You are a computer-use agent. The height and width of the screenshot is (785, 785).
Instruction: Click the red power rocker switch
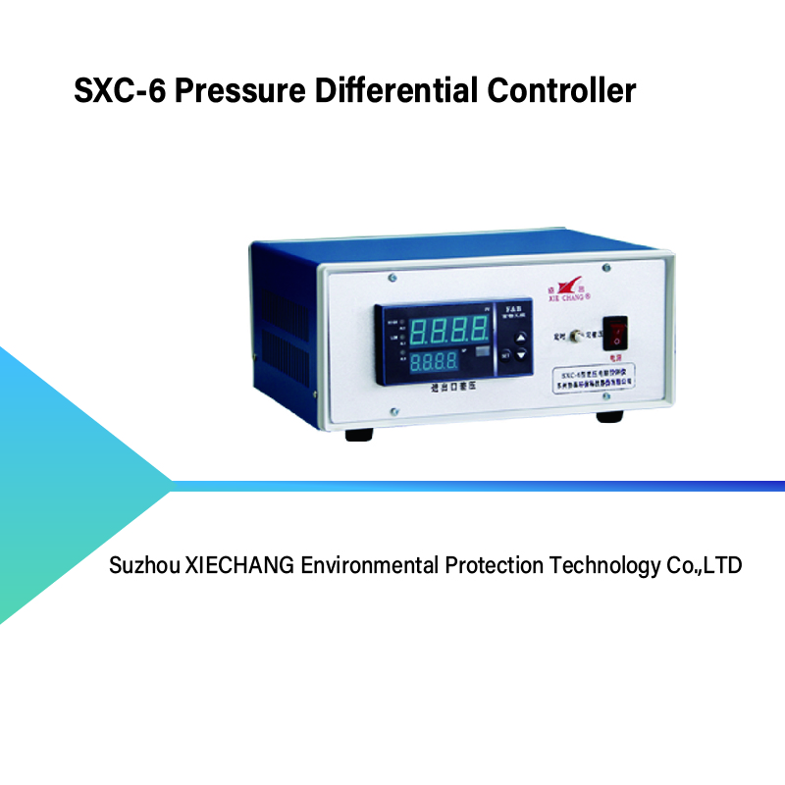pyautogui.click(x=615, y=332)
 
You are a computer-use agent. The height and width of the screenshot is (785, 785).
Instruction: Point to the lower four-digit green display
pyautogui.click(x=433, y=362)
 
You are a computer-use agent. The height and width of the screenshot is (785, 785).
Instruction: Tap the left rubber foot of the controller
pyautogui.click(x=359, y=433)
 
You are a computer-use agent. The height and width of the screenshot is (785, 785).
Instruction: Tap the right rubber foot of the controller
pyautogui.click(x=609, y=416)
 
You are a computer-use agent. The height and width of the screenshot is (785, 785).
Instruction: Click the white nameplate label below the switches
pyautogui.click(x=590, y=380)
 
